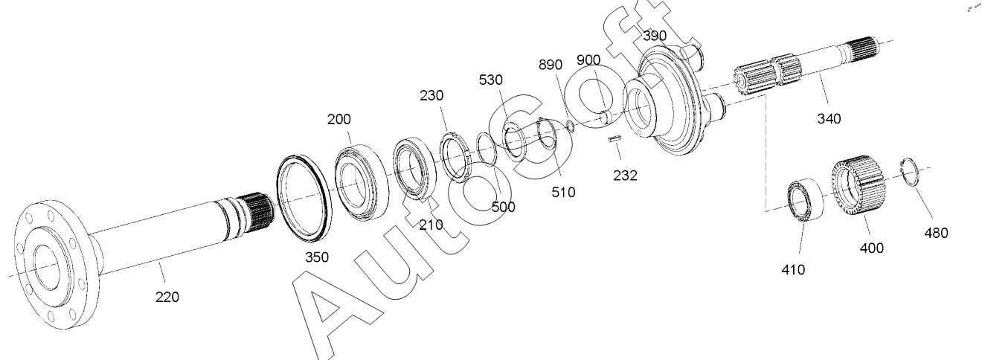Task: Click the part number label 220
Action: point(167,298)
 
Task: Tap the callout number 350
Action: point(317,257)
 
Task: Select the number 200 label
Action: point(339,119)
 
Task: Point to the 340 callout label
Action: point(829,118)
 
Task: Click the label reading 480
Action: point(936,233)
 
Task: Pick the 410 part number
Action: point(793,270)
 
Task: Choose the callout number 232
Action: point(625,176)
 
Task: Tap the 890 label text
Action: point(551,65)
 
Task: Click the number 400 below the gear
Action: point(872,248)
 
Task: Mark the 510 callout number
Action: point(563,192)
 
